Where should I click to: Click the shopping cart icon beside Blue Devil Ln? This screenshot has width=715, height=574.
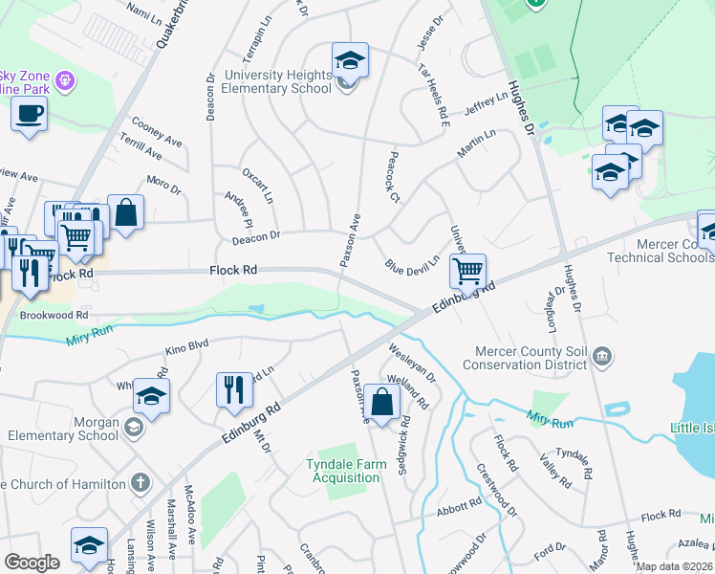click(x=467, y=271)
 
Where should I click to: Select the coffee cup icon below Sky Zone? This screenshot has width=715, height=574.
click(x=29, y=114)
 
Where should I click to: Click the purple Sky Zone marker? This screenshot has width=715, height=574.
click(x=64, y=80)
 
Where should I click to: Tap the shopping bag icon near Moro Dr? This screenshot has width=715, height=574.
click(x=125, y=212)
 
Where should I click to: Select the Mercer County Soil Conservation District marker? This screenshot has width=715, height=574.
click(x=602, y=357)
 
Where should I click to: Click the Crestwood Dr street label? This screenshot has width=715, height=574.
click(x=497, y=491)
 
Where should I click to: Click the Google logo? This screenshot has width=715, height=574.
click(x=32, y=563)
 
